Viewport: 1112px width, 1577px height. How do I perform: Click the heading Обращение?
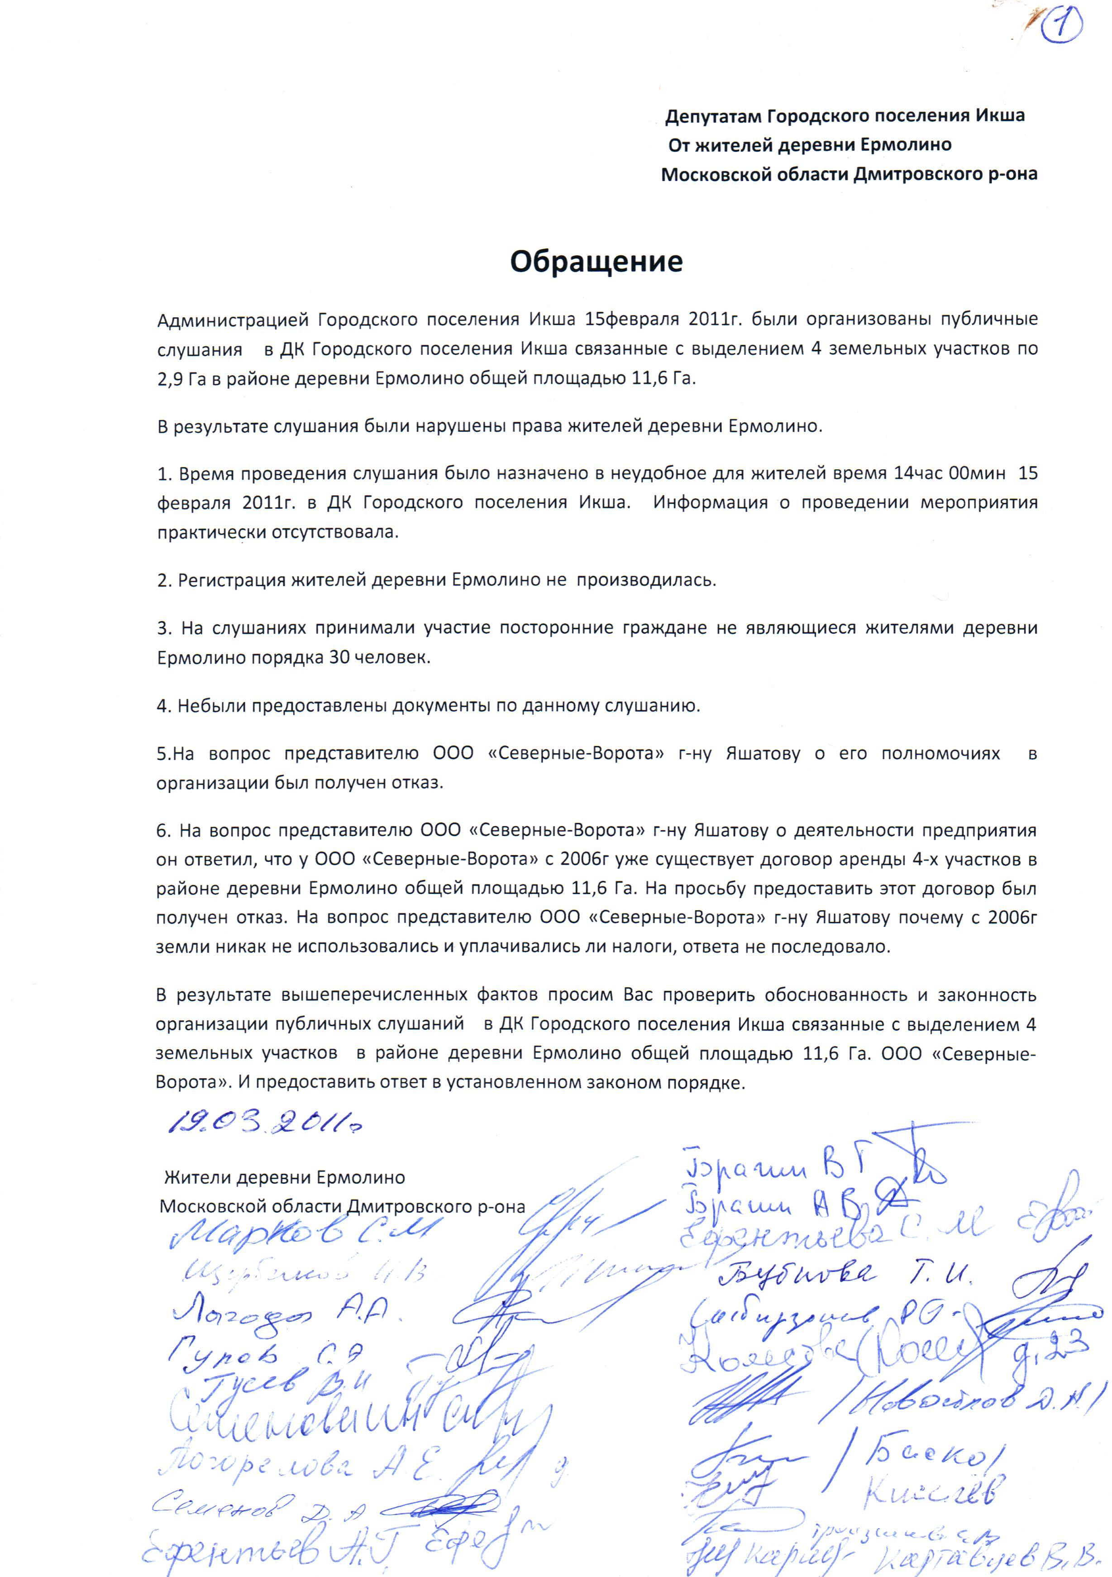(596, 262)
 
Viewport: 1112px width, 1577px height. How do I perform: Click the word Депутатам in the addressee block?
(714, 116)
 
